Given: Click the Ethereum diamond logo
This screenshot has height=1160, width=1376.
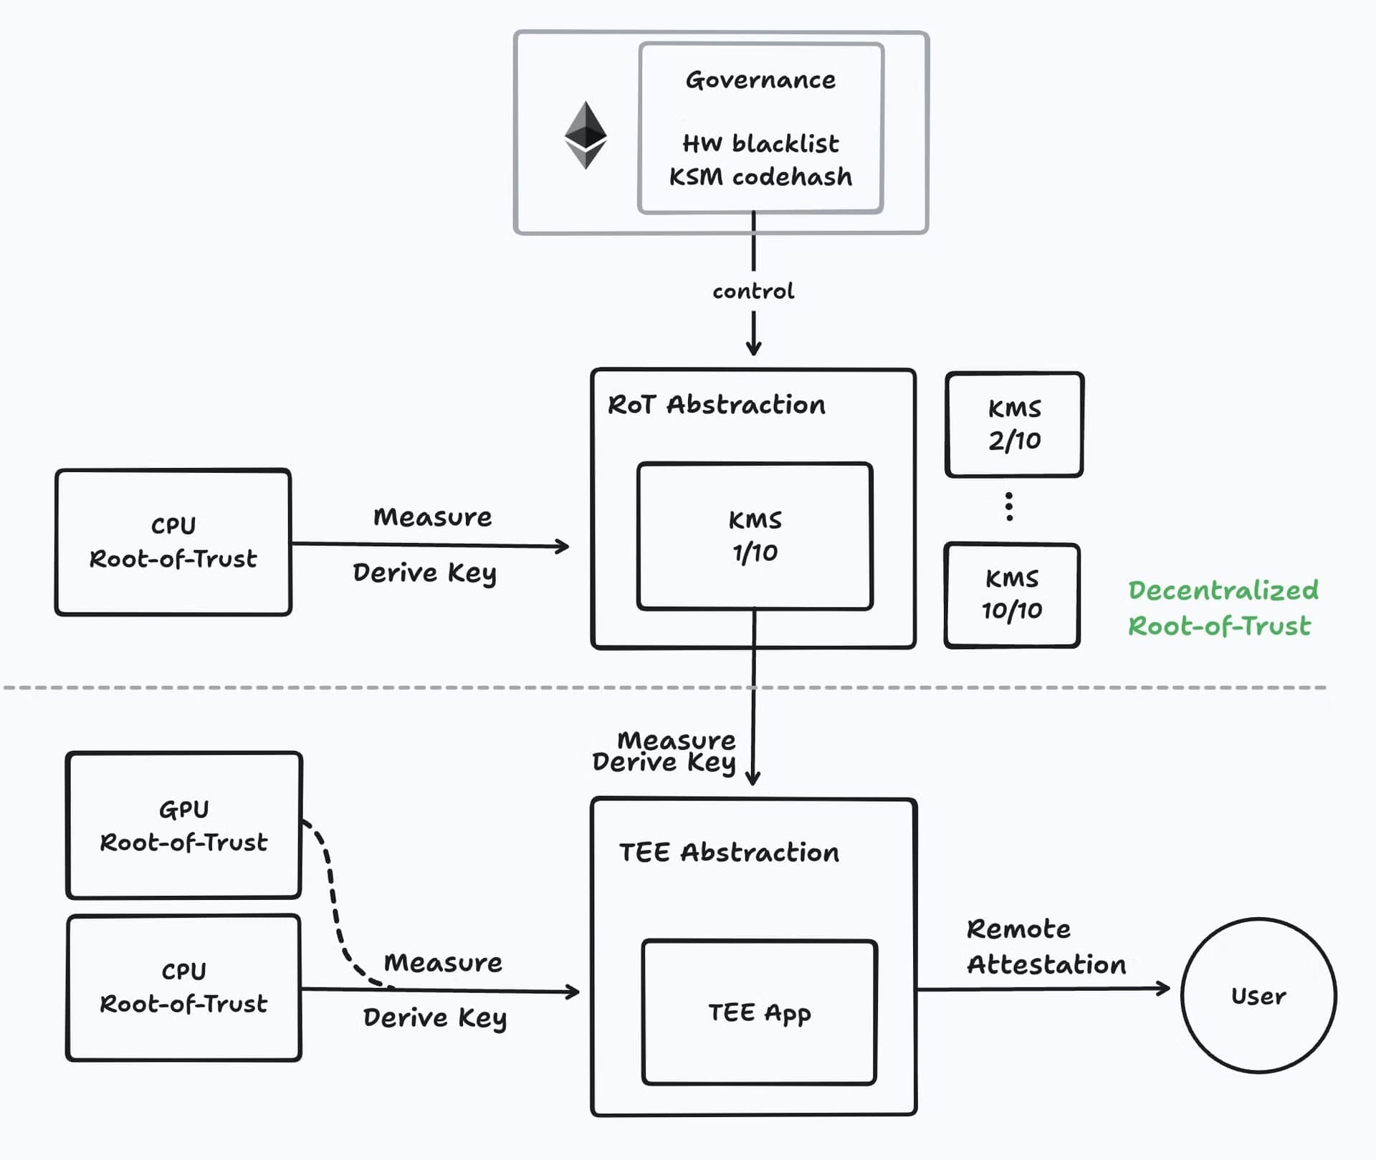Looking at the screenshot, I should [x=586, y=135].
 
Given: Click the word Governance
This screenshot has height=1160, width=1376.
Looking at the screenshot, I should [x=760, y=80].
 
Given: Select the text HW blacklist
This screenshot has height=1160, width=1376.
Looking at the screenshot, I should [x=760, y=144].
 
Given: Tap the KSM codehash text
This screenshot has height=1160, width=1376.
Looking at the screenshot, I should [x=760, y=177].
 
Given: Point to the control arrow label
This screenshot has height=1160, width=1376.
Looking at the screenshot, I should [x=753, y=292].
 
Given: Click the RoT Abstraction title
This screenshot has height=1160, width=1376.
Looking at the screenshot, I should [x=717, y=405].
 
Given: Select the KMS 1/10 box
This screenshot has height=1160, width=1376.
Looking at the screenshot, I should [x=755, y=536].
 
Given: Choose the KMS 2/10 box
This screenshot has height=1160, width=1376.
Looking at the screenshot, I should [x=1014, y=424].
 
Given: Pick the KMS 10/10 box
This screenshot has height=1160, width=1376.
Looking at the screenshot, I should [x=1012, y=595].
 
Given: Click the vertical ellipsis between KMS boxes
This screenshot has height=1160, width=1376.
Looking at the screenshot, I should [x=1009, y=507].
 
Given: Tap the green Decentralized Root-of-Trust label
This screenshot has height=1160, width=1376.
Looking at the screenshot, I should [x=1223, y=608].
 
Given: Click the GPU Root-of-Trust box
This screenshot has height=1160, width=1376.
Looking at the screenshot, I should [x=183, y=825].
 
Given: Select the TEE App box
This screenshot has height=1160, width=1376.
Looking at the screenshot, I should [x=760, y=1012].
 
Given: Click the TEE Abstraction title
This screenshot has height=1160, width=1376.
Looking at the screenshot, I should [x=729, y=853].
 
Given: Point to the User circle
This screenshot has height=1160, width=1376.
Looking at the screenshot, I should [x=1258, y=996].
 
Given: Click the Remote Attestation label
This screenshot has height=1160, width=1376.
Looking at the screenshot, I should [x=1045, y=946].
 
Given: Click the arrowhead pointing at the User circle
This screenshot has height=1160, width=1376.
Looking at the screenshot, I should [x=1165, y=989].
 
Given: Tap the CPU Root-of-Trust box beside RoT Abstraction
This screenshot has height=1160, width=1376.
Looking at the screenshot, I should [x=173, y=542].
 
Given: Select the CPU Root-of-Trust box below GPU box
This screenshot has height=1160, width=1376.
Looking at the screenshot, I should [x=183, y=987].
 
